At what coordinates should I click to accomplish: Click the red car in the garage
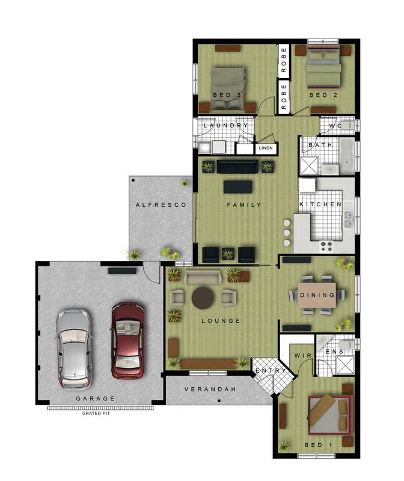point(127,340)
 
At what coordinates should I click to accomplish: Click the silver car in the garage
point(74,348)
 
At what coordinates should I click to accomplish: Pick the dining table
point(317,295)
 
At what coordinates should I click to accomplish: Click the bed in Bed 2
point(325,70)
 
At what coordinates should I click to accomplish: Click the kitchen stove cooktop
point(327,245)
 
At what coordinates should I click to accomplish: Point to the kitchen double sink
point(347,224)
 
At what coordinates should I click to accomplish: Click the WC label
point(335,126)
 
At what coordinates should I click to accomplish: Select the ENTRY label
point(271,370)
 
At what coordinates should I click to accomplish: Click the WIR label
point(302,357)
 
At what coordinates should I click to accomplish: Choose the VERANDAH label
point(210,389)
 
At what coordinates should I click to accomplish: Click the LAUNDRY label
point(225,126)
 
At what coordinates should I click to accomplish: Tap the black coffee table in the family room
point(237,187)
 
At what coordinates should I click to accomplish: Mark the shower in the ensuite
point(345,365)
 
